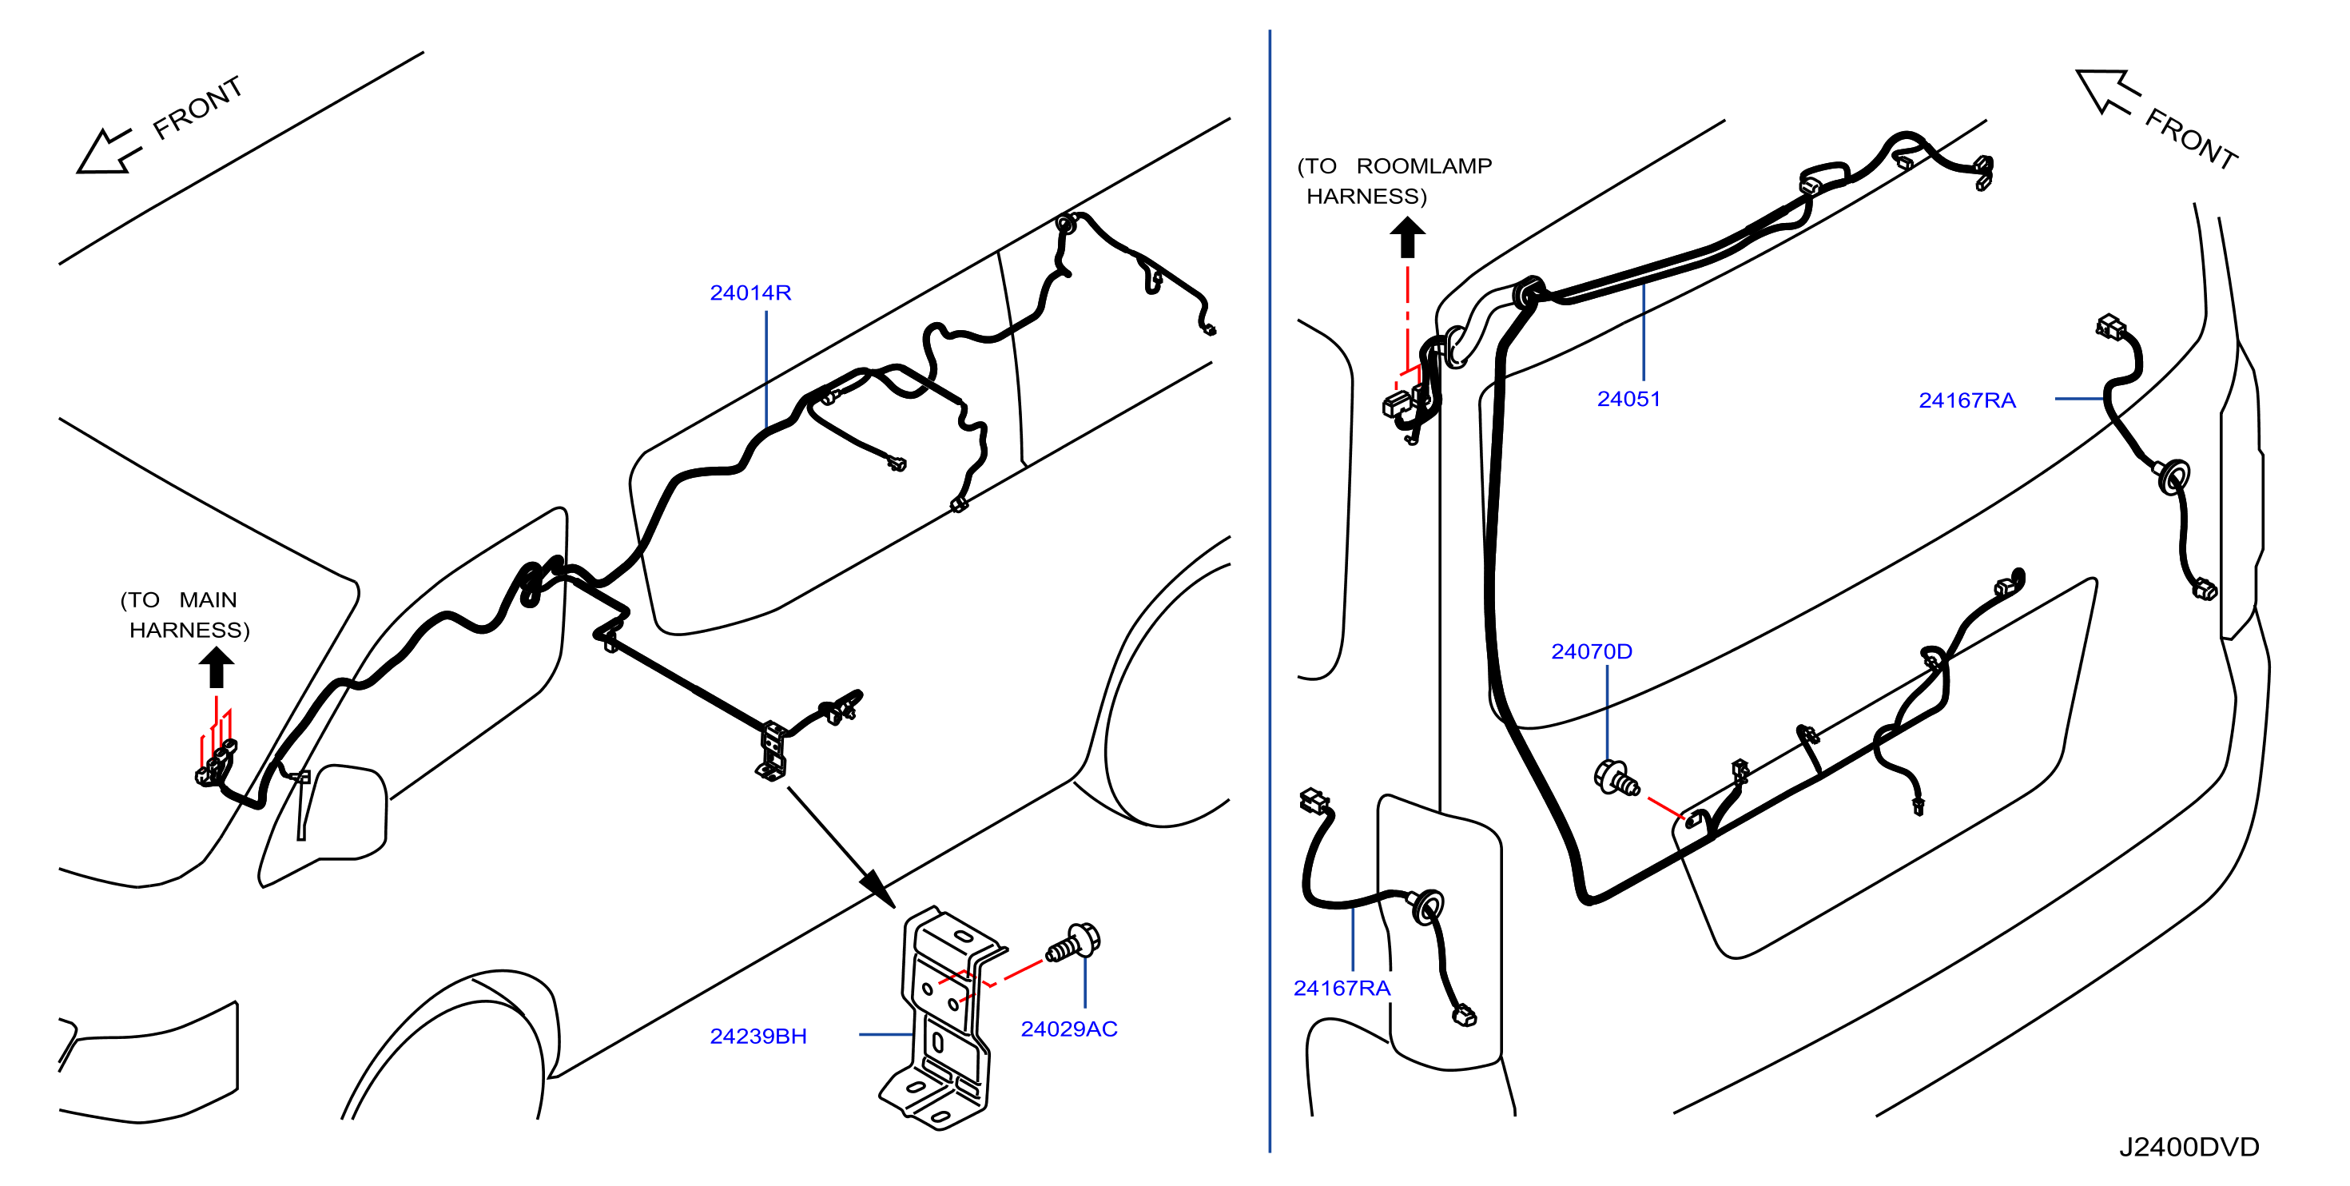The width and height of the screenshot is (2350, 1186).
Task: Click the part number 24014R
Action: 750,293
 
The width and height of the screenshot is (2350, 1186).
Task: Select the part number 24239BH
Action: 758,1037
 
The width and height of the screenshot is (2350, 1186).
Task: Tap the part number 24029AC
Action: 1068,1029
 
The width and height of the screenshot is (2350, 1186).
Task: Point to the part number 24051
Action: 1628,399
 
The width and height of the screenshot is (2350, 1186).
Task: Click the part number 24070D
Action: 1591,651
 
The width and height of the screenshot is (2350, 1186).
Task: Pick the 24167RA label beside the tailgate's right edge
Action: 1966,400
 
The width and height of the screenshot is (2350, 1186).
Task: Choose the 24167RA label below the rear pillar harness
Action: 1342,988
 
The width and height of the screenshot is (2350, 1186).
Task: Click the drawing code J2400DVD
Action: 2189,1147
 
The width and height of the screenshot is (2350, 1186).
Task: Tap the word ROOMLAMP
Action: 1424,166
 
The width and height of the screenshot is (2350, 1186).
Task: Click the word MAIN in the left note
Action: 208,600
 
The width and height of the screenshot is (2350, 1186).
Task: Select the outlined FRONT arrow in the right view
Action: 2106,92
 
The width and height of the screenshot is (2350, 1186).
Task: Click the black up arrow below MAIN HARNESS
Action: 217,667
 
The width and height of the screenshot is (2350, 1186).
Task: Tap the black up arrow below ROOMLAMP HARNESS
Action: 1408,237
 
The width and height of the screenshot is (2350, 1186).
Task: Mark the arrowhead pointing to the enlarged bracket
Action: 877,888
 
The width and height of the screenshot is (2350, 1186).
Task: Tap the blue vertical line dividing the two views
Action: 1269,591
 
